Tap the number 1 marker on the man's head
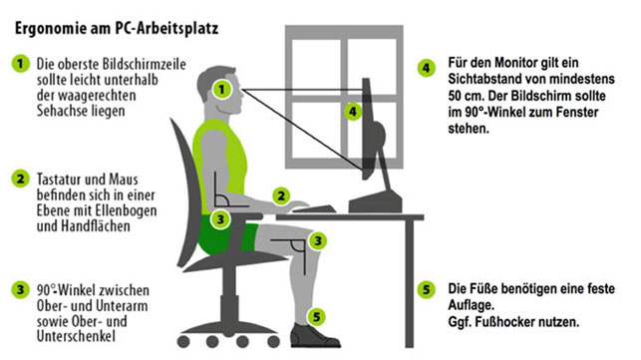[222, 89]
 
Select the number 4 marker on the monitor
[353, 112]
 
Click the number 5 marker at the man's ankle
[317, 316]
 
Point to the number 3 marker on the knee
[318, 241]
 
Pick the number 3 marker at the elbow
[220, 219]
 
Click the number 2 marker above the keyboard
[281, 195]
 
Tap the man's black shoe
[314, 336]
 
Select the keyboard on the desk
[314, 208]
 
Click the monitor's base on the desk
[375, 202]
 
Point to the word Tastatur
[59, 180]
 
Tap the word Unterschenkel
[76, 336]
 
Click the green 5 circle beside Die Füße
[427, 290]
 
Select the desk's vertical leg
[409, 283]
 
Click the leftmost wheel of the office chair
[183, 342]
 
